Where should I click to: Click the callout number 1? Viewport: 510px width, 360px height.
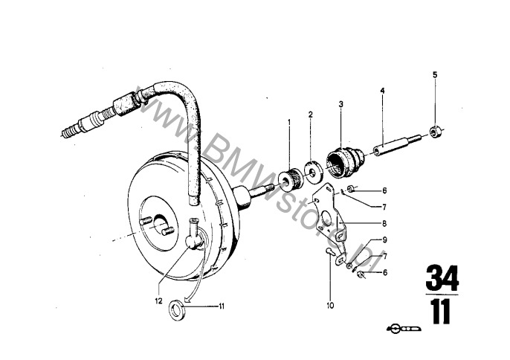[x=288, y=122]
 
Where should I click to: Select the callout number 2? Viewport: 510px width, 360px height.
[x=311, y=115]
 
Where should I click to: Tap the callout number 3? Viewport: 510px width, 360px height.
[x=340, y=104]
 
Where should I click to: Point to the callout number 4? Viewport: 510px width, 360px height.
[x=382, y=91]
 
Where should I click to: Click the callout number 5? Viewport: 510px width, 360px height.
[x=435, y=75]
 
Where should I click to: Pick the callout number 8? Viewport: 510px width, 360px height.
[x=384, y=224]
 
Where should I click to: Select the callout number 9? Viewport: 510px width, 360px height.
[x=384, y=240]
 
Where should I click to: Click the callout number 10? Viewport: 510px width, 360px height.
[x=330, y=305]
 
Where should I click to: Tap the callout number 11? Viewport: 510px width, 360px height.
[x=222, y=306]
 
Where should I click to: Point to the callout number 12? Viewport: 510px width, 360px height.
[x=158, y=301]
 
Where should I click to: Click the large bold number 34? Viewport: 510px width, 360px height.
[x=442, y=278]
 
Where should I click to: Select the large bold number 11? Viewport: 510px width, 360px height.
[x=441, y=311]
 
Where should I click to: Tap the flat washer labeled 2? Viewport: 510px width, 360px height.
[x=314, y=170]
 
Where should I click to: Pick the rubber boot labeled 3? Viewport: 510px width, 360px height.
[x=346, y=161]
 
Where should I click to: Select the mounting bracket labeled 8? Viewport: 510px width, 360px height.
[x=331, y=221]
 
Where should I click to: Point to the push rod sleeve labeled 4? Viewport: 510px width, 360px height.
[x=398, y=145]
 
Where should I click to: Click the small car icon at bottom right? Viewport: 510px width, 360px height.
[x=404, y=328]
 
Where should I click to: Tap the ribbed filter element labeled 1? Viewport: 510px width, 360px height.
[x=291, y=179]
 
